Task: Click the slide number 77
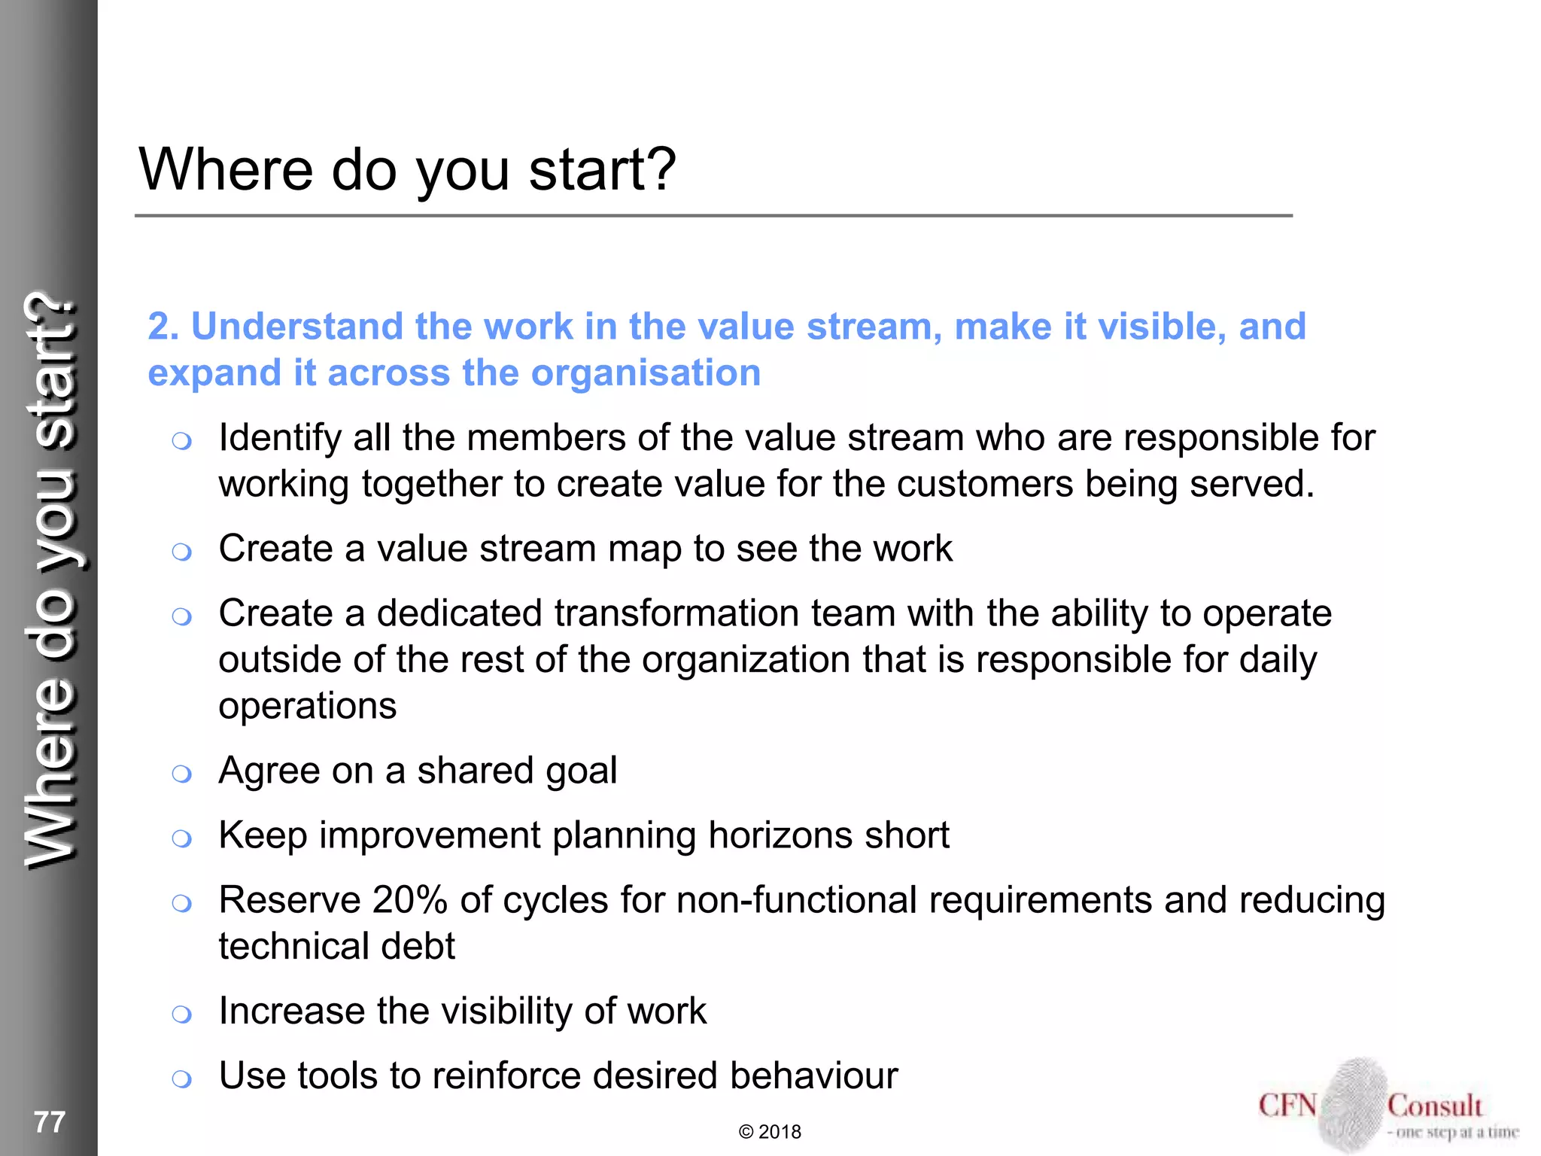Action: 50,1122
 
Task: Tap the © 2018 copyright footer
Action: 770,1132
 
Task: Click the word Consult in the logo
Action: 1435,1106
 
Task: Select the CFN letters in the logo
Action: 1287,1106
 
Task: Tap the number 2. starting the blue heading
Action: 163,327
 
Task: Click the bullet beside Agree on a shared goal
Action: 181,774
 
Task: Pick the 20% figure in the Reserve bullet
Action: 409,900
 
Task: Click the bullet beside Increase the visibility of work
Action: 181,1015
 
